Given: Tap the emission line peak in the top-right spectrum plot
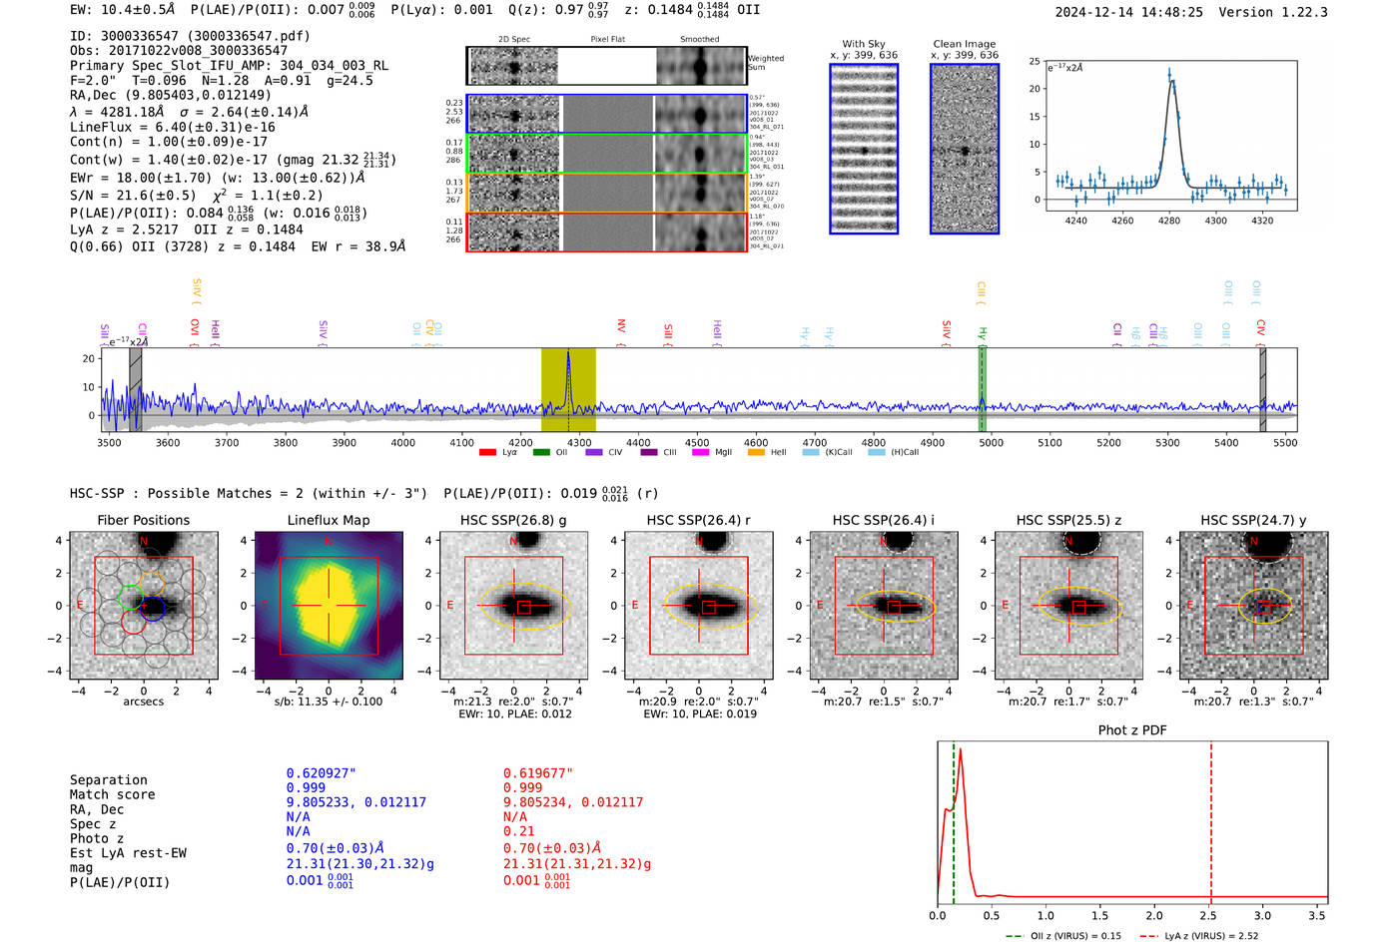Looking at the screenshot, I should click(x=1169, y=74).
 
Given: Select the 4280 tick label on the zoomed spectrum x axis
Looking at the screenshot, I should click(x=1169, y=221).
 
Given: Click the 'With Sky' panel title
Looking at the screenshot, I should click(x=864, y=44).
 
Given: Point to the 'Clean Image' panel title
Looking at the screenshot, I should click(x=964, y=44).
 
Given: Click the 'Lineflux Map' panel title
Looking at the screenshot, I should click(x=328, y=520).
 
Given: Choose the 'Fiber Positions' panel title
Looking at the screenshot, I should click(x=143, y=520).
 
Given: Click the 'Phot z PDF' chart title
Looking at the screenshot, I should click(x=1132, y=729).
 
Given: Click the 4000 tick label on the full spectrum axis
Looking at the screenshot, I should click(x=403, y=442).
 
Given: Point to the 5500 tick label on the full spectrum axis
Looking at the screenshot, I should click(x=1284, y=442).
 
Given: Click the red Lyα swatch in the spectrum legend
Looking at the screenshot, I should click(x=487, y=453).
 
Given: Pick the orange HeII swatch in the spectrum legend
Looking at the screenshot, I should click(x=756, y=453).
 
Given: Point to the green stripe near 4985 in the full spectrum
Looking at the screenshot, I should click(x=982, y=389).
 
